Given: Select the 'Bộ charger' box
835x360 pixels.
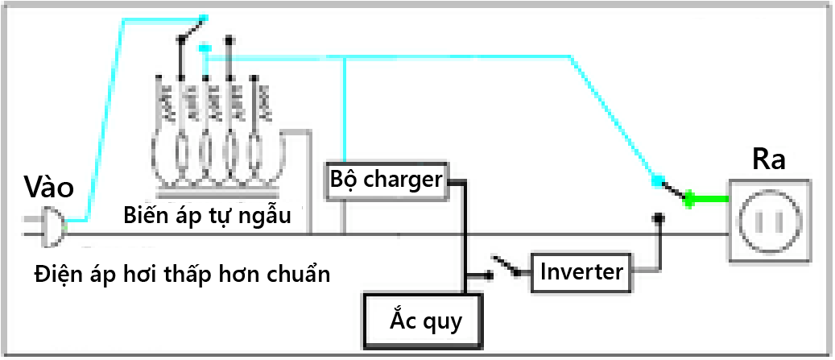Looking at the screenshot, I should [x=386, y=180].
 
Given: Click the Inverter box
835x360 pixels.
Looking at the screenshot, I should [x=581, y=271].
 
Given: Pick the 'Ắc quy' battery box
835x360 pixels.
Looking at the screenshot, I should [x=424, y=321].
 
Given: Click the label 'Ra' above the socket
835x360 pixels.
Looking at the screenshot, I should [x=768, y=159].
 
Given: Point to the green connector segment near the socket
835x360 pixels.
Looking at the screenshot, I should [x=709, y=201].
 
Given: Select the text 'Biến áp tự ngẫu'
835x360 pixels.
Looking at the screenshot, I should [x=206, y=216].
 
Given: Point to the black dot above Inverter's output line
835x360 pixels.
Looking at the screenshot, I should [x=659, y=217].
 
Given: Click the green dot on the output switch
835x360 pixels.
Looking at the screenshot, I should [x=689, y=200].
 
